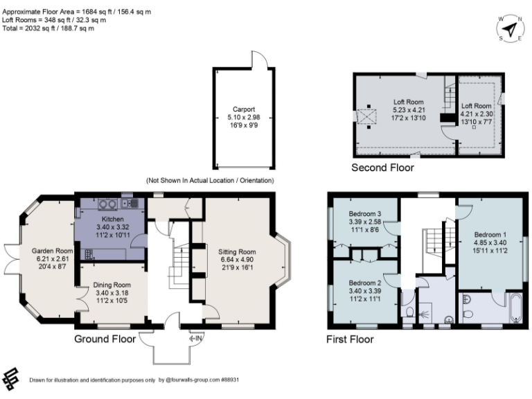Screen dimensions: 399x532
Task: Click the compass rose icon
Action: (511, 28)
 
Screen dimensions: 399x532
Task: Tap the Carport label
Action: (244, 109)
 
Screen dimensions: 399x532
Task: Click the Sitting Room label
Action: (237, 251)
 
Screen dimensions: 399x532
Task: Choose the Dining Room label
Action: (112, 285)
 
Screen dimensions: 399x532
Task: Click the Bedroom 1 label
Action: (489, 234)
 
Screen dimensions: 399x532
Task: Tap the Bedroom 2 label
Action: (364, 283)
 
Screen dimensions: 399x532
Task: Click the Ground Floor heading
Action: (105, 339)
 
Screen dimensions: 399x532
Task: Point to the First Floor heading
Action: (350, 339)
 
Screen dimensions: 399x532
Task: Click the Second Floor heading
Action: (382, 168)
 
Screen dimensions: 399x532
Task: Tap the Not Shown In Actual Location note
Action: (210, 180)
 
